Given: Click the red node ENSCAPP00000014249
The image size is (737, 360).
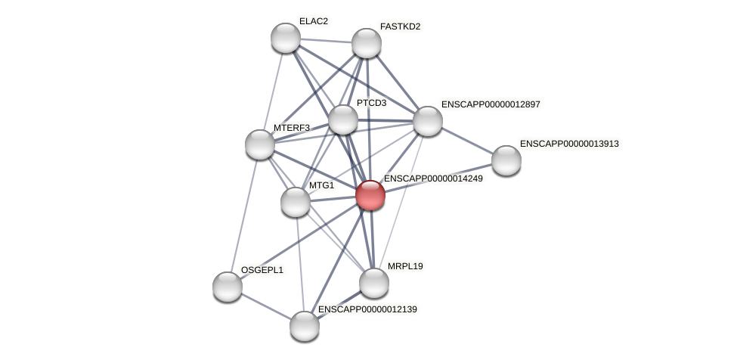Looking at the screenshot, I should click(x=370, y=195).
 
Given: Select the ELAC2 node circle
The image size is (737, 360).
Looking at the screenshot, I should click(x=286, y=38).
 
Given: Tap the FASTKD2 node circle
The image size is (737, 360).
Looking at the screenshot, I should click(x=367, y=43).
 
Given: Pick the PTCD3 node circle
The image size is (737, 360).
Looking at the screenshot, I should click(x=343, y=119).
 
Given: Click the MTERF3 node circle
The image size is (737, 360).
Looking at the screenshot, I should click(x=260, y=144).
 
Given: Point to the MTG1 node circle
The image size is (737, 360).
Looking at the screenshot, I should click(x=296, y=202).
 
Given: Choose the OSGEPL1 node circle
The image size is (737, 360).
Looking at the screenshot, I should click(x=228, y=287).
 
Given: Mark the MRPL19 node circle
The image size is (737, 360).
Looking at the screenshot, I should click(x=374, y=283).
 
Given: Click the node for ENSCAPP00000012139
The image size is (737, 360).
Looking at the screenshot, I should click(x=305, y=326).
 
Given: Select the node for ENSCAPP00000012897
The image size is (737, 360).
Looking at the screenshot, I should click(x=428, y=121).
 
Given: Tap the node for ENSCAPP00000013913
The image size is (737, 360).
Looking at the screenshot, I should click(x=506, y=160).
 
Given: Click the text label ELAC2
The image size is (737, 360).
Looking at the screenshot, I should click(x=314, y=21).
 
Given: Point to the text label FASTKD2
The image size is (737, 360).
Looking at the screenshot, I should click(x=400, y=26).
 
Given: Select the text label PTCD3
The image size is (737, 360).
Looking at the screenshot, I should click(x=371, y=103).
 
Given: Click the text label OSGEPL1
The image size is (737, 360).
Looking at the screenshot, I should click(x=262, y=270).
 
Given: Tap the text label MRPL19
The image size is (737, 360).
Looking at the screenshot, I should click(x=405, y=266).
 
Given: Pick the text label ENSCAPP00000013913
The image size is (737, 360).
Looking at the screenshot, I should click(x=569, y=144).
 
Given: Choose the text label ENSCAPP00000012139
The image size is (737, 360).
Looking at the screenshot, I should click(x=367, y=309).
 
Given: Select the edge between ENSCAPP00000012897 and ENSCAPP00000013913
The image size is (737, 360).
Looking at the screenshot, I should click(x=467, y=141).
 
